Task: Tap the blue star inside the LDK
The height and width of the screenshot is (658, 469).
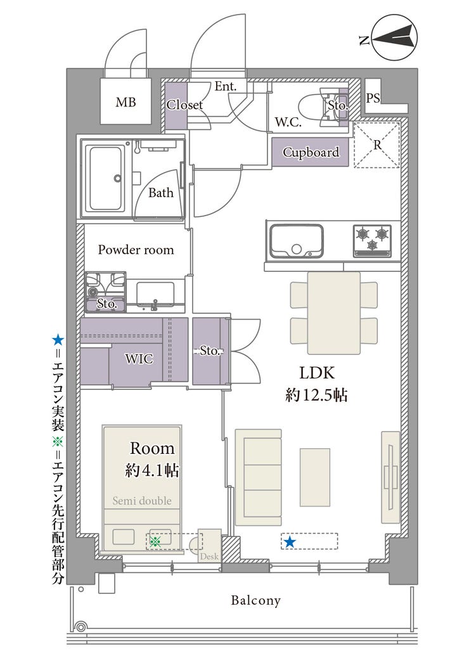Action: click(289, 542)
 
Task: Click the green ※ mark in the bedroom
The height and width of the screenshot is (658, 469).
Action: click(156, 541)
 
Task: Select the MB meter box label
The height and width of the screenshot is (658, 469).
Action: click(126, 102)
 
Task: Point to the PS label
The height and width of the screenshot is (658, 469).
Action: click(373, 98)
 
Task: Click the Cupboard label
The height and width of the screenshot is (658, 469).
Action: click(311, 152)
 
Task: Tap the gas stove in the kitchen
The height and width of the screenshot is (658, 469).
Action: click(372, 241)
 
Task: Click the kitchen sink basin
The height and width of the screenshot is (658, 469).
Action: click(297, 242)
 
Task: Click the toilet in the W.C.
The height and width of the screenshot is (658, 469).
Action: click(323, 107)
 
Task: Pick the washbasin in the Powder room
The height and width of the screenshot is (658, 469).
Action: click(155, 295)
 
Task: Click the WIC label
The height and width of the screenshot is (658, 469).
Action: click(139, 359)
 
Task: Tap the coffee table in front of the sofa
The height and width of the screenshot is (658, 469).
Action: click(314, 477)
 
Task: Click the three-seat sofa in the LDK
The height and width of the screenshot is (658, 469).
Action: click(258, 477)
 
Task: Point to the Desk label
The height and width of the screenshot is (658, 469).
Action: click(209, 557)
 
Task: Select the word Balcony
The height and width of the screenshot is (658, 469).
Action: click(255, 600)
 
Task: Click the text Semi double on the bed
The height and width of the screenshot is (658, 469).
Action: click(142, 501)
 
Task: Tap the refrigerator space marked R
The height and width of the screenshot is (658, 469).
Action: click(377, 145)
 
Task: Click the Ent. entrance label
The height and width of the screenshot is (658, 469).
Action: click(226, 86)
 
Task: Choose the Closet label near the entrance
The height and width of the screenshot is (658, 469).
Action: click(184, 105)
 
